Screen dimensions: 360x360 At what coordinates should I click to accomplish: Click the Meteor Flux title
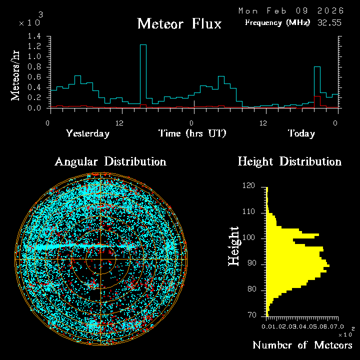[x=179, y=23]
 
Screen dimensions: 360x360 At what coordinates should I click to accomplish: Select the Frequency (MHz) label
[x=277, y=22]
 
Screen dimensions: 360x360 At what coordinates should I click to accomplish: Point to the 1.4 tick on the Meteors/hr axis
[x=34, y=36]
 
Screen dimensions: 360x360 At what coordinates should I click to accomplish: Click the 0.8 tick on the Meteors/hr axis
[x=34, y=67]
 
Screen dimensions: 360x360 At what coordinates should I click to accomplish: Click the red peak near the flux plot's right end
[x=316, y=97]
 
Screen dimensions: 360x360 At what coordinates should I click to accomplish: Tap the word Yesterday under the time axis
[x=87, y=133]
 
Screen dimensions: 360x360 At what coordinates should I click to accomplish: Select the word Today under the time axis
[x=301, y=133]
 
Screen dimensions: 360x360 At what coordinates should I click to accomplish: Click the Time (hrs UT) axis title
[x=192, y=133]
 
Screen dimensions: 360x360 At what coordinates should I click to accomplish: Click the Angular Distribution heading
[x=110, y=161]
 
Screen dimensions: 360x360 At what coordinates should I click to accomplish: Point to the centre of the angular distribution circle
[x=100, y=260]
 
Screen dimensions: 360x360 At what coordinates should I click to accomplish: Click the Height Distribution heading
[x=289, y=161]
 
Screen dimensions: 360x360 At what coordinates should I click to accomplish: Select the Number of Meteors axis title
[x=302, y=345]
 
